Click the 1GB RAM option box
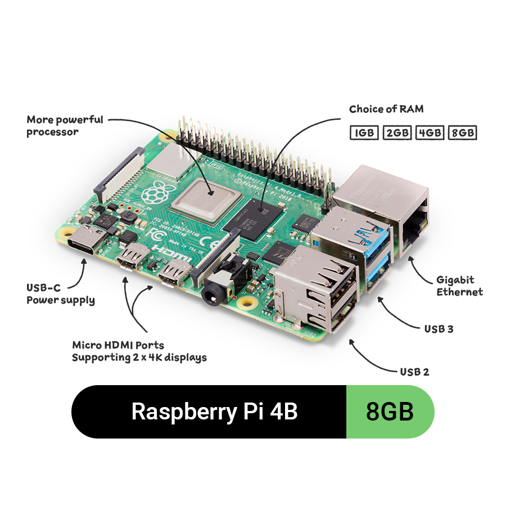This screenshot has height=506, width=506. [x=364, y=133]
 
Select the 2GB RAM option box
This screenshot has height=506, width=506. [x=397, y=133]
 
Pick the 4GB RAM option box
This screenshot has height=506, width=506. [x=430, y=133]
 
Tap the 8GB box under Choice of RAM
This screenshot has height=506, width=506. [x=462, y=133]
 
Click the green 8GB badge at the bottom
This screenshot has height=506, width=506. [x=390, y=412]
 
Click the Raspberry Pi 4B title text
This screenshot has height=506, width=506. [x=214, y=412]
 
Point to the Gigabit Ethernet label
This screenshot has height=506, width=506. [x=459, y=286]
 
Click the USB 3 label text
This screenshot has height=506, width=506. [x=439, y=328]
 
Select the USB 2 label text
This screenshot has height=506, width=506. [x=415, y=372]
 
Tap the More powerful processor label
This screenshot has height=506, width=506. [x=65, y=125]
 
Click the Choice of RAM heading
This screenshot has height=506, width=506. [x=386, y=109]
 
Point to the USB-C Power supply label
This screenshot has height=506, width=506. [x=61, y=293]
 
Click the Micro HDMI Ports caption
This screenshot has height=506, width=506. [x=139, y=351]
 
